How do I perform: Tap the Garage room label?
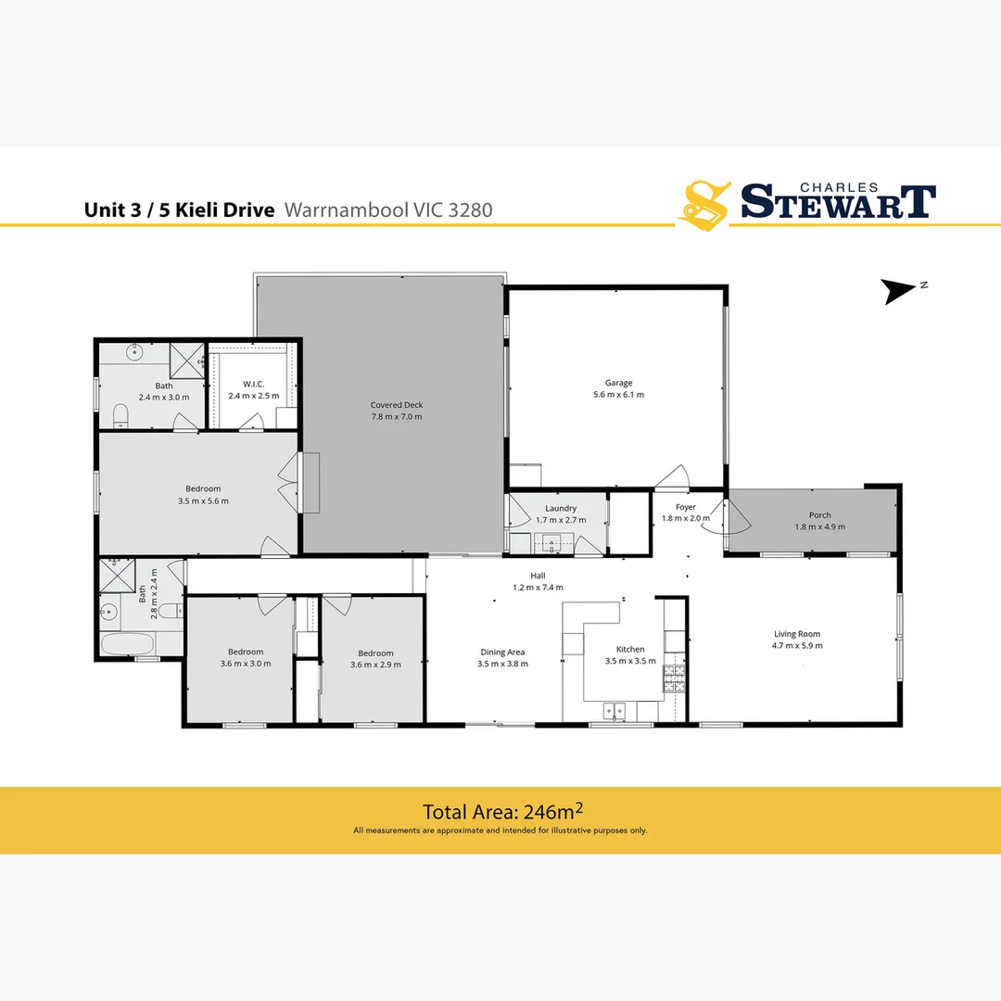(x=618, y=383)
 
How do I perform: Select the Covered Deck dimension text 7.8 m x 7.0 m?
(x=396, y=417)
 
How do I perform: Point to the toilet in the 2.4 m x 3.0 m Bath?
(x=120, y=414)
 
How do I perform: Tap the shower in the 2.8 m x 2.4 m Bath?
(x=117, y=576)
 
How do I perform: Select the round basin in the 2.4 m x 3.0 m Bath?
(x=135, y=351)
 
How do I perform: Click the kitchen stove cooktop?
(x=673, y=678)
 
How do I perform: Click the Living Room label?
(x=798, y=634)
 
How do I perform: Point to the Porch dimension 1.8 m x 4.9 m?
(x=819, y=527)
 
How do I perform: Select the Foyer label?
(x=685, y=507)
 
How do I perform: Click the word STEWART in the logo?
(x=836, y=201)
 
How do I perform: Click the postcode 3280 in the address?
(x=470, y=210)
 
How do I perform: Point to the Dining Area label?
(x=502, y=652)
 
